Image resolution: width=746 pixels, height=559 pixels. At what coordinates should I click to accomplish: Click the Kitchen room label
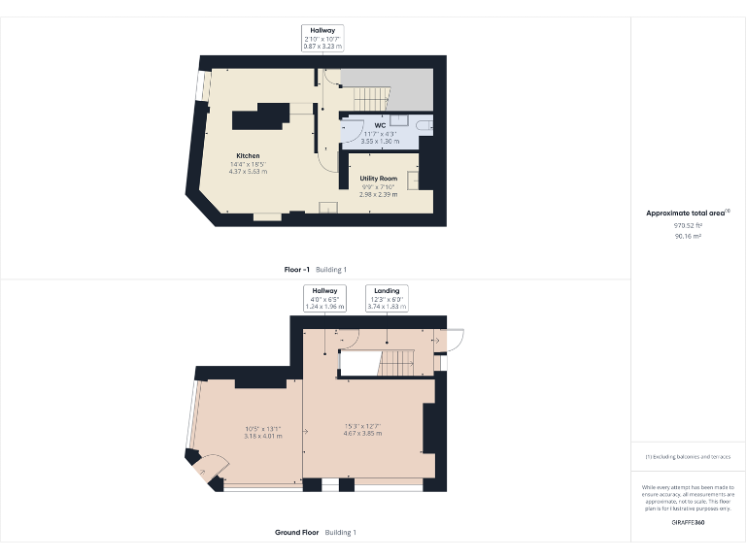(248, 156)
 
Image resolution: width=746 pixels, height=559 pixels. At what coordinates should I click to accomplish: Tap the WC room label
(380, 125)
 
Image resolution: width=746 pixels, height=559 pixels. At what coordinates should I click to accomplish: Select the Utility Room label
(379, 179)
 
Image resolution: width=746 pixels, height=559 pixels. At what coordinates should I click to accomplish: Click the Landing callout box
(387, 298)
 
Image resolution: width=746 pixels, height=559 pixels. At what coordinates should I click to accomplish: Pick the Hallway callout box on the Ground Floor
(323, 298)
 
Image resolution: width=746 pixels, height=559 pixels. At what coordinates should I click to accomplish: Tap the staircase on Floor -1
(369, 98)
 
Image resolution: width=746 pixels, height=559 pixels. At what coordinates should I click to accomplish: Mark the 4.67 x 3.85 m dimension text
(362, 434)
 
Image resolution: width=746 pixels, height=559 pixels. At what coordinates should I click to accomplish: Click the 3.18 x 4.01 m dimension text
(262, 436)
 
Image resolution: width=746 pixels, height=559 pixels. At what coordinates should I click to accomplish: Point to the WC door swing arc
(354, 131)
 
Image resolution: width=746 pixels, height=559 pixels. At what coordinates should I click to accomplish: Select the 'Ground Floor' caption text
(297, 533)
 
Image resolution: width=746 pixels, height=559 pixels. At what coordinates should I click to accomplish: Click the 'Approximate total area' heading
(686, 213)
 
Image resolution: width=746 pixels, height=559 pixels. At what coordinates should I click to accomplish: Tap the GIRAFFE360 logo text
(688, 523)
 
